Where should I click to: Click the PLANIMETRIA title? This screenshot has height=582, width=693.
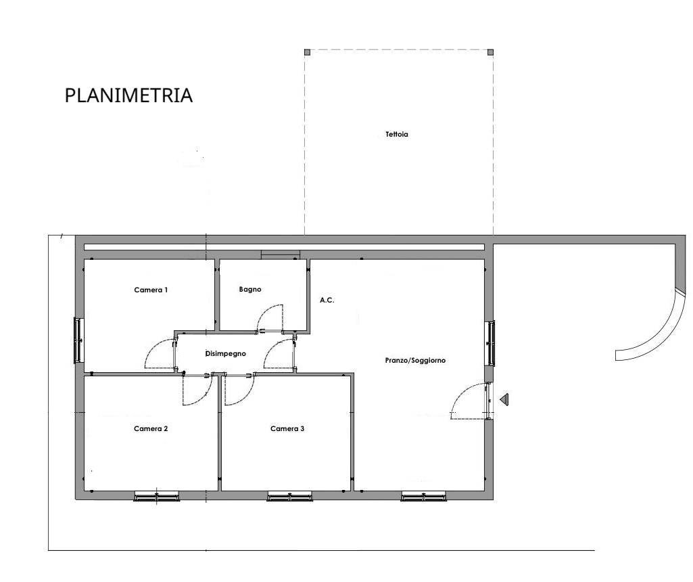click(128, 95)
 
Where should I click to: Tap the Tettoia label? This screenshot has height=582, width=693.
click(397, 135)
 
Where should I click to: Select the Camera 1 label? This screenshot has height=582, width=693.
click(151, 290)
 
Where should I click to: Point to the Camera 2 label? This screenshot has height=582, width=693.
click(151, 428)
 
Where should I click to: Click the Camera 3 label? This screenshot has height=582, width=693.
click(287, 428)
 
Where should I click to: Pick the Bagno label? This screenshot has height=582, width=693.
click(250, 289)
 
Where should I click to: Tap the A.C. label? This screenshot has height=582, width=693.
click(327, 300)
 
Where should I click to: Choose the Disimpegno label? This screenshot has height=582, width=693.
click(225, 354)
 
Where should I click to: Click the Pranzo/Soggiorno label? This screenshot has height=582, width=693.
click(415, 361)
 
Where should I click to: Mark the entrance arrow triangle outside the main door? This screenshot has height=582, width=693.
click(505, 399)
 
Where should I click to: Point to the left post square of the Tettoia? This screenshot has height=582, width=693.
click(307, 52)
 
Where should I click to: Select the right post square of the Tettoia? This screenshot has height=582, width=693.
click(490, 52)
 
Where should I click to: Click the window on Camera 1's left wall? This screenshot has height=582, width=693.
click(78, 340)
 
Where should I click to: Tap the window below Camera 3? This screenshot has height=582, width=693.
click(290, 496)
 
